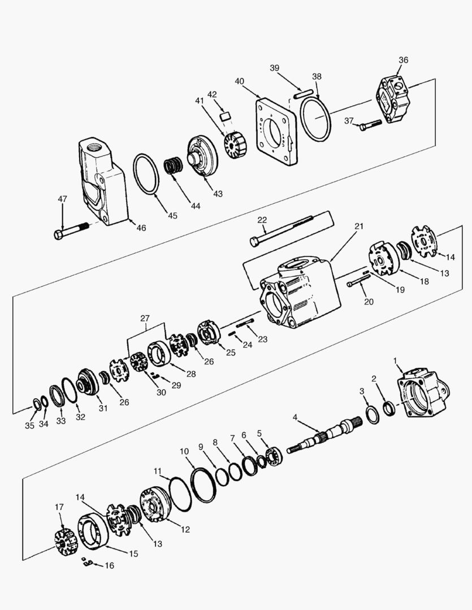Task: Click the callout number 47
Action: pyautogui.click(x=62, y=199)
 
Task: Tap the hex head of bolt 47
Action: pyautogui.click(x=59, y=234)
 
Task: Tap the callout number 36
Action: pyautogui.click(x=403, y=60)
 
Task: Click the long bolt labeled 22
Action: pyautogui.click(x=283, y=229)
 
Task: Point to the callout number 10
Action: pyautogui.click(x=184, y=451)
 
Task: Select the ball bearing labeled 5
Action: pyautogui.click(x=276, y=456)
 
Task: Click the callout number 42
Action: pyautogui.click(x=212, y=94)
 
